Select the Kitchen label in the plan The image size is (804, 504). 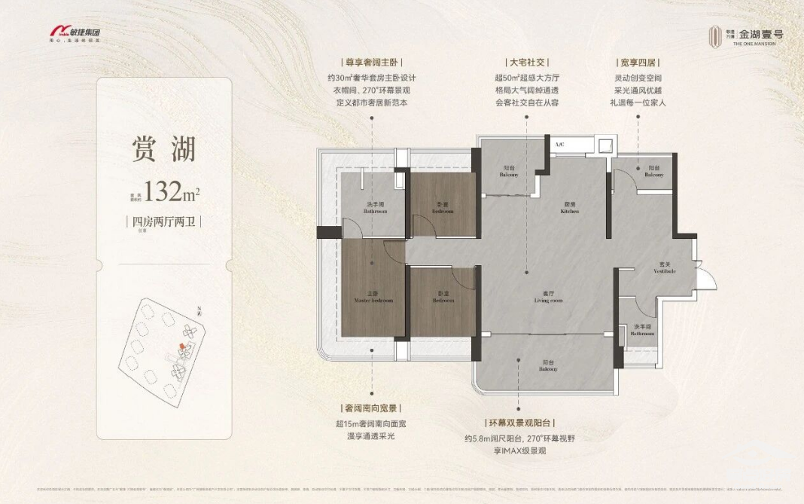[x=569, y=209]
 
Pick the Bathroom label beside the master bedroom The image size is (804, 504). [x=375, y=209]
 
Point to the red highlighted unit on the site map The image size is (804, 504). [x=181, y=347]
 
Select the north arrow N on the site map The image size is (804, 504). [x=197, y=310]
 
